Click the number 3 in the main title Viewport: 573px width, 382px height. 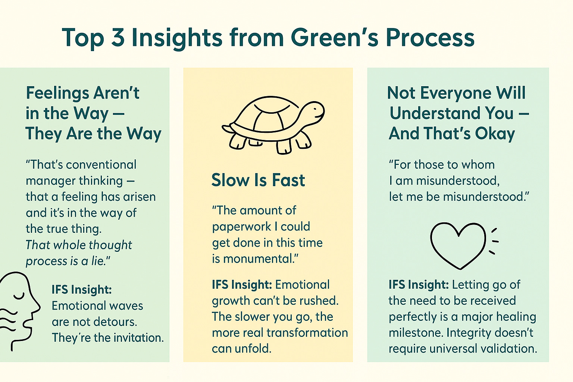coord(118,38)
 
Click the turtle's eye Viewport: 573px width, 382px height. coord(314,109)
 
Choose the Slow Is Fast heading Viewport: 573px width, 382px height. coord(258,180)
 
